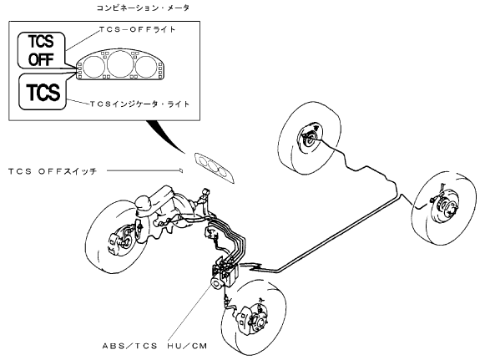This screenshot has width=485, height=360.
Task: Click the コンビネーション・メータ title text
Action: (143, 8)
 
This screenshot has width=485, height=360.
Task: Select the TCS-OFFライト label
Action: (138, 29)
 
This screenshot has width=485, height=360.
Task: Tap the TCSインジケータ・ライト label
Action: (139, 104)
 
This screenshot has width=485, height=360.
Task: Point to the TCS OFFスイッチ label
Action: (53, 171)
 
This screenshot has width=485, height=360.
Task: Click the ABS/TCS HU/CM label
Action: (154, 346)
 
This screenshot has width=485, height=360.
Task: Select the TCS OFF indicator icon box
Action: (41, 50)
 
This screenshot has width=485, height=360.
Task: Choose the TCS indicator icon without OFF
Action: (43, 92)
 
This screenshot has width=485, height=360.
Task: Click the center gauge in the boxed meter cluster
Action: (120, 64)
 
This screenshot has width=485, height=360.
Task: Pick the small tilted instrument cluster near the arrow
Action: (214, 168)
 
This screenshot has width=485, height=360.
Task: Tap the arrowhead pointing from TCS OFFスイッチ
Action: (181, 170)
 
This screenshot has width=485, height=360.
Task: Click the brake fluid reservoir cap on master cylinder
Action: (144, 202)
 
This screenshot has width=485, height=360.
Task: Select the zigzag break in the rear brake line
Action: (255, 266)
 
